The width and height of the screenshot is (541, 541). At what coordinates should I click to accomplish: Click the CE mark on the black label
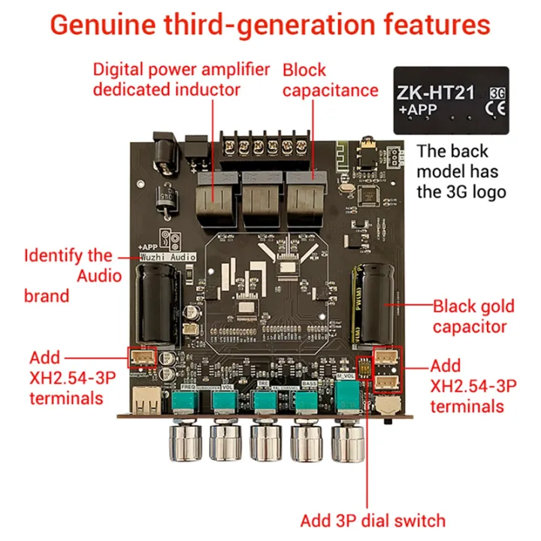(496, 110)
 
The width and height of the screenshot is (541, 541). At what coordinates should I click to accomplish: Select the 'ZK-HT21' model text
(435, 94)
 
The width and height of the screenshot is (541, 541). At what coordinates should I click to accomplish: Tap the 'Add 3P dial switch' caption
(373, 520)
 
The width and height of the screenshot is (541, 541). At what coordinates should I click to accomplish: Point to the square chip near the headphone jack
(369, 194)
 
